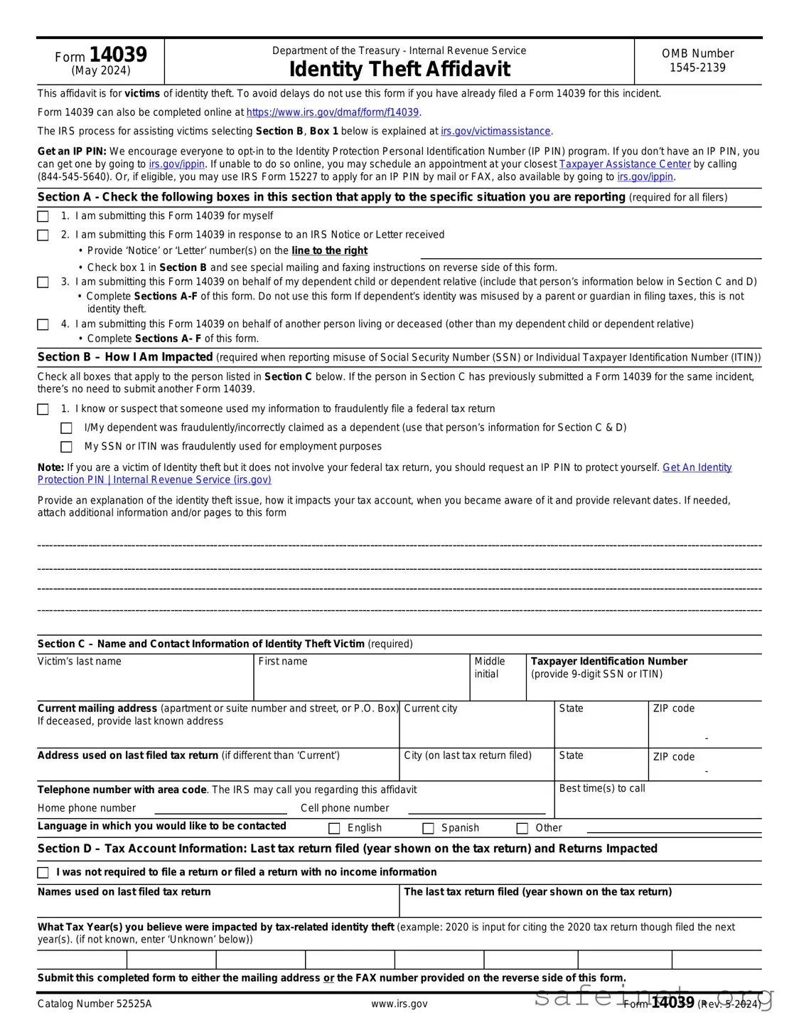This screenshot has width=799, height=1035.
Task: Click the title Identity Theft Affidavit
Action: coord(399,69)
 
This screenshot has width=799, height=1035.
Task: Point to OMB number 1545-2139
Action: coord(697,68)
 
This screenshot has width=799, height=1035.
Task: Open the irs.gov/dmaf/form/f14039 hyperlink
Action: coord(332,112)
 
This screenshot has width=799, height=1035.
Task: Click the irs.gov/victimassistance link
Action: coord(495,132)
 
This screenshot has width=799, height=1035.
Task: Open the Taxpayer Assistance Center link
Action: coord(625,164)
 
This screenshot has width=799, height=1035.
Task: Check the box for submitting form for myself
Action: coord(43,216)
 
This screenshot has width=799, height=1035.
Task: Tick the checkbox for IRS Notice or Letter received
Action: coord(43,235)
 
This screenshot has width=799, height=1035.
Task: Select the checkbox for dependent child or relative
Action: coord(43,282)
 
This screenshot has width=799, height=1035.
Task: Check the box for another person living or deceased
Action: coord(43,324)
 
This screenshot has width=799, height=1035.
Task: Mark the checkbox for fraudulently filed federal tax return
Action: coord(43,409)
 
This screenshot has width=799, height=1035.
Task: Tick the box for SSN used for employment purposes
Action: coord(67,447)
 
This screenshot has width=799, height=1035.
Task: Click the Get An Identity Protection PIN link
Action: coord(697,467)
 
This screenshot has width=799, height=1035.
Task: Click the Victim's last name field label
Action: coord(80,662)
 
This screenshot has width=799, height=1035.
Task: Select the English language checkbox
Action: coord(334,828)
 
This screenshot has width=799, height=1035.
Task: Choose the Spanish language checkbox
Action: coord(428,828)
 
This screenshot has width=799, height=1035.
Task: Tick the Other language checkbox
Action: coord(522,828)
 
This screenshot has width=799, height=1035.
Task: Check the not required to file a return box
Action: coord(43,872)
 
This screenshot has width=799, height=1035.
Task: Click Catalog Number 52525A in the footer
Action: coord(95,1004)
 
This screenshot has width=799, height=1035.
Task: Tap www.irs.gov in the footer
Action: coord(399,1004)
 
